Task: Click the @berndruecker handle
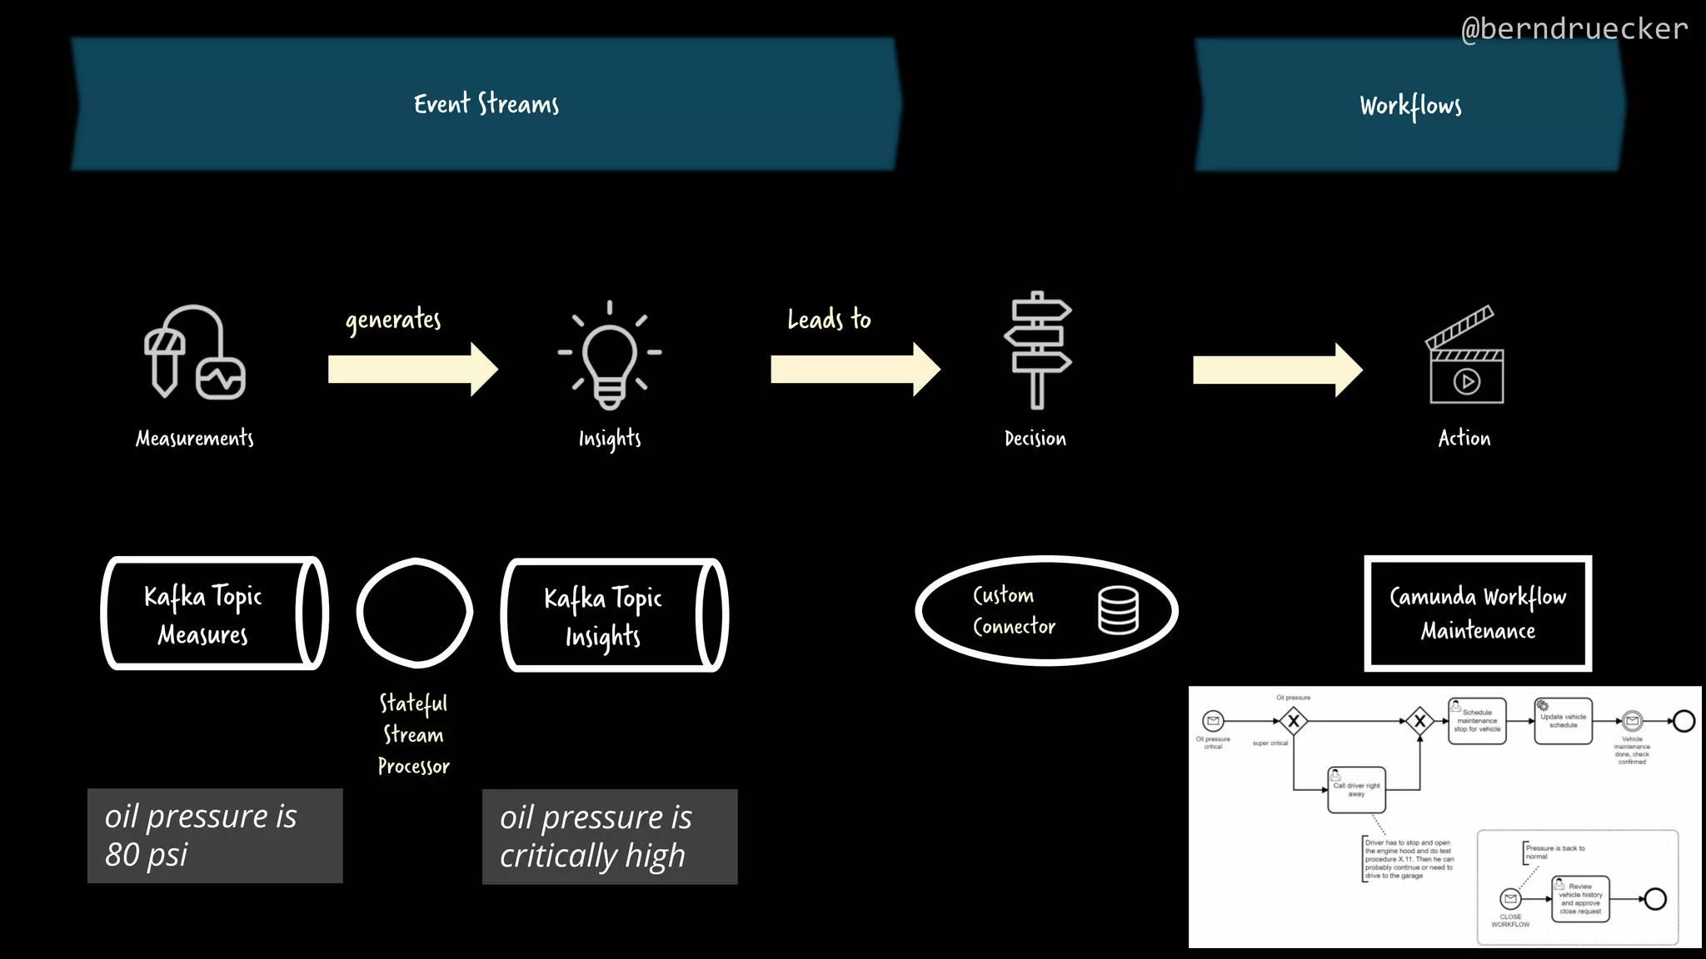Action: (1574, 29)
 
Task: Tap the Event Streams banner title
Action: (486, 104)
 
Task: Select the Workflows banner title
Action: (1410, 106)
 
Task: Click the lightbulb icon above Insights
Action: (610, 355)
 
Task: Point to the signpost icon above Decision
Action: (1037, 350)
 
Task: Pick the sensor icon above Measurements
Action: (195, 353)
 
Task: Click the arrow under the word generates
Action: (413, 369)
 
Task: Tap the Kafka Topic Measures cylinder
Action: (214, 614)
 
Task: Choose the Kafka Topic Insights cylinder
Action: (614, 615)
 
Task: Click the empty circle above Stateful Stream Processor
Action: (415, 613)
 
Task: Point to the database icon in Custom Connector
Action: (1118, 610)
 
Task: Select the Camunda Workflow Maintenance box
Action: (1478, 614)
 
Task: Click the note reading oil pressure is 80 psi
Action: (215, 836)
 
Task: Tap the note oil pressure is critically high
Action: (610, 837)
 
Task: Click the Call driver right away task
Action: (1356, 789)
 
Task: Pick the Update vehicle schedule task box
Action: (1563, 721)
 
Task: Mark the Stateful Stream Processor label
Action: (414, 734)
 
